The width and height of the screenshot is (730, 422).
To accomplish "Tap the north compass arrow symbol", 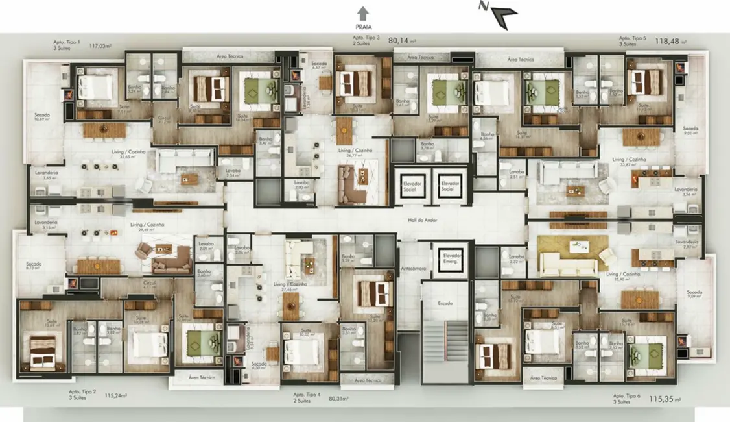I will [x=501, y=15].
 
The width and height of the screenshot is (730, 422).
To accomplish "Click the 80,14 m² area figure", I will [x=402, y=40].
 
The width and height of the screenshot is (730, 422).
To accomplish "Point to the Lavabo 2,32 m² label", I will [x=516, y=258].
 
